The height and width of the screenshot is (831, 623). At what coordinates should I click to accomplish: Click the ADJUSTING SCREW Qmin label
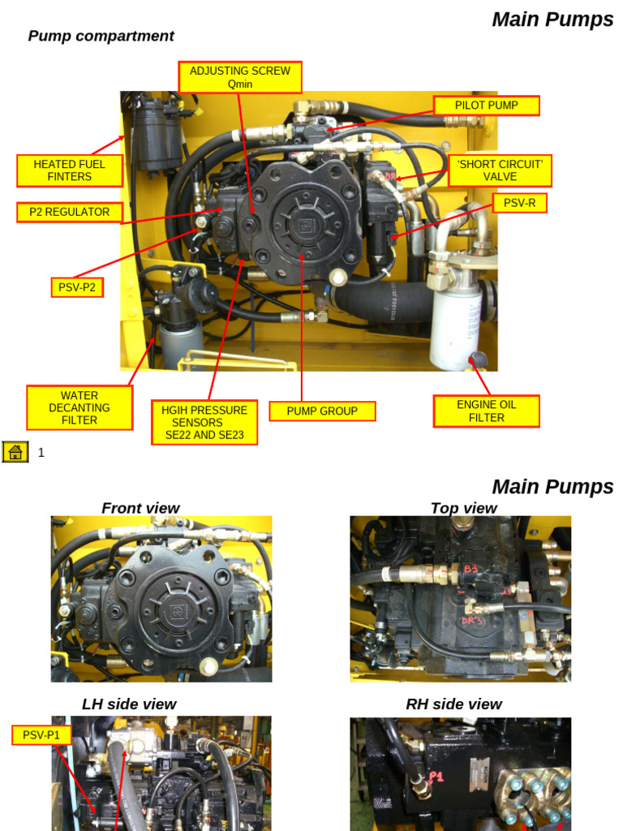(240, 77)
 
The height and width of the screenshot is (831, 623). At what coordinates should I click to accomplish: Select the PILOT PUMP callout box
(486, 105)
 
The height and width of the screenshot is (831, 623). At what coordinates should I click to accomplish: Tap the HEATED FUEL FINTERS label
(70, 170)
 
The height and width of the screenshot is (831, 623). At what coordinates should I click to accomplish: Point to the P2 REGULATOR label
(70, 213)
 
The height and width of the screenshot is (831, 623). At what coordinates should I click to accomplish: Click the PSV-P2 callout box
(77, 287)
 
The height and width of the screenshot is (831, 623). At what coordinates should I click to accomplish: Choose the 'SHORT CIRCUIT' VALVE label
(500, 170)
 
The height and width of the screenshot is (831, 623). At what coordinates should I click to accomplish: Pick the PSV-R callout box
(519, 203)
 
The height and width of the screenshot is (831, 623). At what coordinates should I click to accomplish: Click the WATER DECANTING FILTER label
(79, 407)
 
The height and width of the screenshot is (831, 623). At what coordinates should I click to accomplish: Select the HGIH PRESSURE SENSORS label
(204, 422)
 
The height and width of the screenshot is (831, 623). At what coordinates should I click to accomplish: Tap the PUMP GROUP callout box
(322, 411)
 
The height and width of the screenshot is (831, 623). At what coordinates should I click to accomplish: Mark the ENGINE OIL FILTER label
(486, 411)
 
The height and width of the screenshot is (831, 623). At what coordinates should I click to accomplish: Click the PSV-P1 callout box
(41, 735)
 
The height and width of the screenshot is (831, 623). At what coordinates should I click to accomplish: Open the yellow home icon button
(15, 452)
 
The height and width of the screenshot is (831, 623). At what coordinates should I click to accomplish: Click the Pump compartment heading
(101, 36)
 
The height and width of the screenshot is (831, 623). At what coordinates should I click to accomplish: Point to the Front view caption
(140, 508)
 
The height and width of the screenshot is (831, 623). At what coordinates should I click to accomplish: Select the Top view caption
(463, 508)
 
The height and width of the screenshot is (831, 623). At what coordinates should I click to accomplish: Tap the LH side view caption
(129, 704)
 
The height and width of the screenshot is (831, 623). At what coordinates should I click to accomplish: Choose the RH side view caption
(453, 704)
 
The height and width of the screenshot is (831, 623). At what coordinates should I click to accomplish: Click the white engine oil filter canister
(455, 325)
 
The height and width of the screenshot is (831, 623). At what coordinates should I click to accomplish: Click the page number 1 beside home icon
(41, 453)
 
